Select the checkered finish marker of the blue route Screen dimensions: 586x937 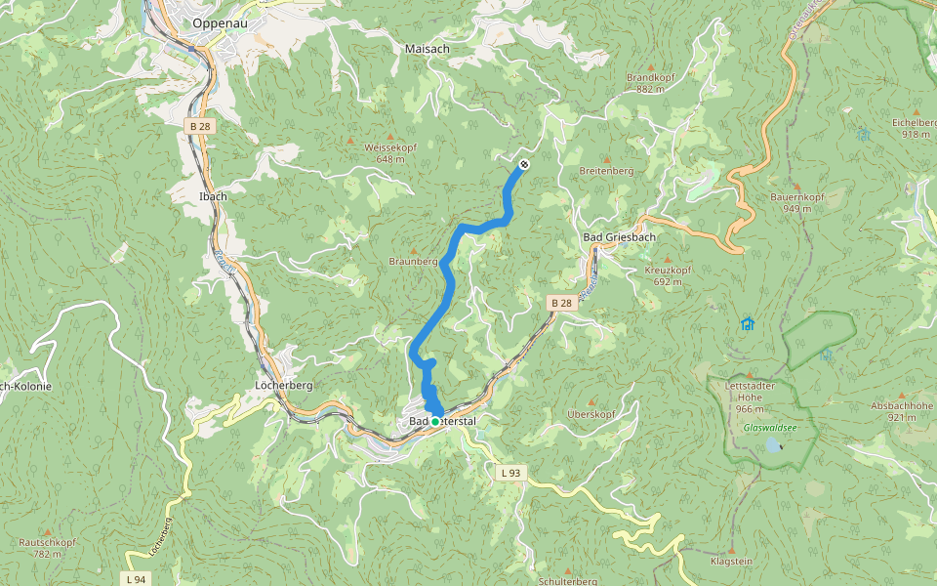(524, 164)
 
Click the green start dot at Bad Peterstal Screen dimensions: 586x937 (435, 421)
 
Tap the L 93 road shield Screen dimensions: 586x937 (510, 473)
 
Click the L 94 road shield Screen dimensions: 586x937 (138, 578)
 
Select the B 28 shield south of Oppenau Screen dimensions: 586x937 (200, 126)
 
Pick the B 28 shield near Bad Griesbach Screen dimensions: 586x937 (561, 304)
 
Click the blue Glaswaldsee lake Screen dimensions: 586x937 (773, 444)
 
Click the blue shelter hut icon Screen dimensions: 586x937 (748, 323)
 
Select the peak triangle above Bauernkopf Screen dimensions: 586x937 (797, 185)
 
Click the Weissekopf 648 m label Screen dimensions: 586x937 (390, 152)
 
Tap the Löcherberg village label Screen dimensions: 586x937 (283, 385)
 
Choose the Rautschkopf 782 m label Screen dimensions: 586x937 (47, 547)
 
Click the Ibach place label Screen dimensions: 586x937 (213, 196)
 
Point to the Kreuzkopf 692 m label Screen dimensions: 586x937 (668, 274)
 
